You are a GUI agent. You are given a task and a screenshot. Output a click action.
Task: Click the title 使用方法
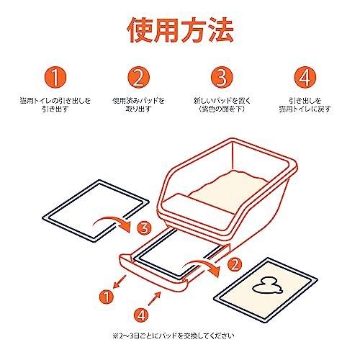pos(180,30)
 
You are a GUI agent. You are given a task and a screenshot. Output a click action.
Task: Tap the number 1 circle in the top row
pos(55,77)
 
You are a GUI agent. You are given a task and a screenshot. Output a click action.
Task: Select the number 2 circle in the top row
pos(139,77)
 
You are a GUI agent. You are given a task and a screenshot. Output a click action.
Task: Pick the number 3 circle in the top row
pos(222,77)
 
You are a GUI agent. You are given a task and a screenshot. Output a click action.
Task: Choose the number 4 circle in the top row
pos(305,77)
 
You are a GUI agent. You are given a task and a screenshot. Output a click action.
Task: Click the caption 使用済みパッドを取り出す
pos(139,104)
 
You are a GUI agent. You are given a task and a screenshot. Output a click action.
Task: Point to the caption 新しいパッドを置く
pos(222,101)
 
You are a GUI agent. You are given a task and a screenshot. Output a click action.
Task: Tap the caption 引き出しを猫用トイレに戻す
pos(305,104)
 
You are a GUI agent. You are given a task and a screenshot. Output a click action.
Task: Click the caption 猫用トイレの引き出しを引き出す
pos(55,104)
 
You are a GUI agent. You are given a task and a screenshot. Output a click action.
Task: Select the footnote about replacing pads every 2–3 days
pos(173,336)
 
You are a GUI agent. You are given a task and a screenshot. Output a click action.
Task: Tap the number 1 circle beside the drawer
pos(107,297)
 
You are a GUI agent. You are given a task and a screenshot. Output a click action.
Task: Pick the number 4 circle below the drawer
pos(141,315)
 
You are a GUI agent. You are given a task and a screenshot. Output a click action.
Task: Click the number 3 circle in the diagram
pos(145,228)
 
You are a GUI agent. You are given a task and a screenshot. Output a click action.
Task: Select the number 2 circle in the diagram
pos(235,264)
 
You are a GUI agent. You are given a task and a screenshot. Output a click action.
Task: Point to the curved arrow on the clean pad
pos(111,220)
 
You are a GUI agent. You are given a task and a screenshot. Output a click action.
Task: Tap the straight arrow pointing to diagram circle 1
pos(120,282)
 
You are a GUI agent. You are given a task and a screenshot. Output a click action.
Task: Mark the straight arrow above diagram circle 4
pos(154,298)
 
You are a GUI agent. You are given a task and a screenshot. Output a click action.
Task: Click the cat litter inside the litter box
pos(228,189)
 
